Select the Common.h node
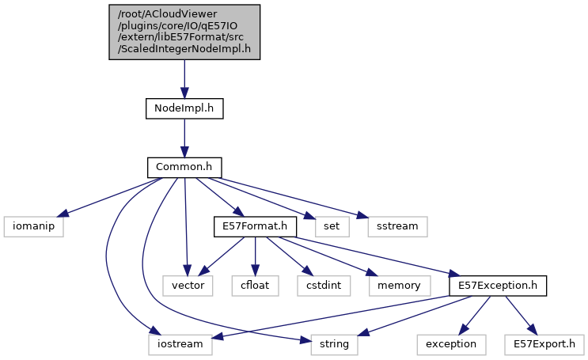click(x=184, y=167)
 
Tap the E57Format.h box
click(x=254, y=226)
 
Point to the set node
click(x=332, y=226)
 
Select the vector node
click(x=188, y=285)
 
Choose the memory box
click(x=398, y=285)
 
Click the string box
click(x=334, y=344)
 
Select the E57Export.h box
click(x=543, y=344)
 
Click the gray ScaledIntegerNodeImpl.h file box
click(x=184, y=31)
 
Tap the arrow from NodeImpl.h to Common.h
click(x=184, y=138)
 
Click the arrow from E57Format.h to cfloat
click(x=255, y=256)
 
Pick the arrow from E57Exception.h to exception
click(x=473, y=315)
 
